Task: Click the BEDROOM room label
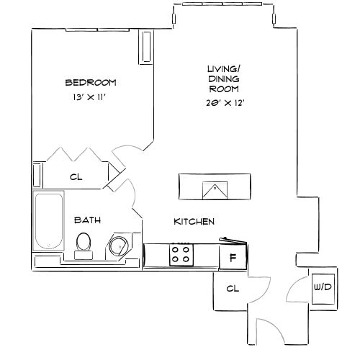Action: pyautogui.click(x=90, y=82)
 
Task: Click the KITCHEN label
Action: pyautogui.click(x=194, y=222)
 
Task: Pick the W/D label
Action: pyautogui.click(x=322, y=287)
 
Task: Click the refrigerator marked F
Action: pyautogui.click(x=233, y=256)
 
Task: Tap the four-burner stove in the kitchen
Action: pyautogui.click(x=180, y=255)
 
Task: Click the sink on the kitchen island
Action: pyautogui.click(x=215, y=189)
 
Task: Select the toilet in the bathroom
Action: pyautogui.click(x=84, y=243)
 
